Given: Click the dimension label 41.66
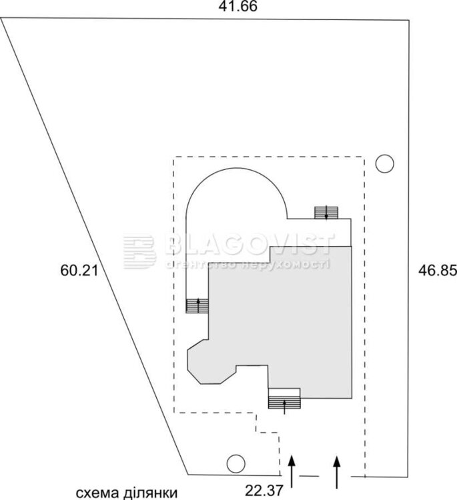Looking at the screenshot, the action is tap(238, 7).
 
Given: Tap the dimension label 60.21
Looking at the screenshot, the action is tap(79, 271).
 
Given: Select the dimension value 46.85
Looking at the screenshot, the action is tap(438, 271).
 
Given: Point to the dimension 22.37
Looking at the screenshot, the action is tap(264, 490).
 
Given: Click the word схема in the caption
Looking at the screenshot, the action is tap(97, 493).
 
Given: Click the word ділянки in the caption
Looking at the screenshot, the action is tap(150, 493).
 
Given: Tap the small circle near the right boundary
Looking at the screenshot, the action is tap(384, 163).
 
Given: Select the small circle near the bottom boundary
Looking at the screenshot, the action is tap(236, 463).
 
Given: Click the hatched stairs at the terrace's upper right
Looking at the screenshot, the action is tap(326, 213).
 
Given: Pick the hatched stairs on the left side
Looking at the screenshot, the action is tap(197, 306).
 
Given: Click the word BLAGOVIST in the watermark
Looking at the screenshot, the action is tap(249, 244).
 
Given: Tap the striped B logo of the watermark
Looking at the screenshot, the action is tap(139, 251).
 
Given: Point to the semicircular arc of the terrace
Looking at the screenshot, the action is tap(236, 168).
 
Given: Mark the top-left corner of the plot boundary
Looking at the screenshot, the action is tap(1, 19).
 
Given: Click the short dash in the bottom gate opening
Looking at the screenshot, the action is tap(309, 476).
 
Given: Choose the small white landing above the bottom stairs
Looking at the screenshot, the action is tap(284, 392).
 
